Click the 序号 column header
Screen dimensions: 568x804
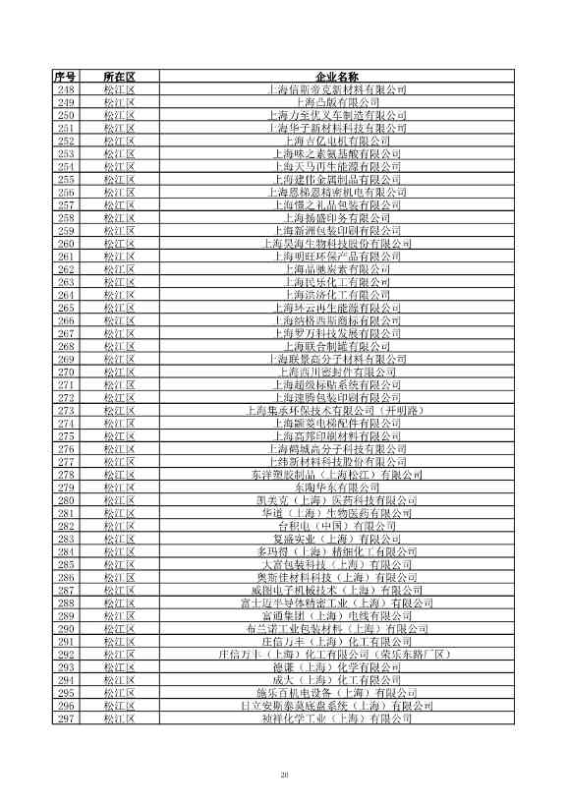(x=66, y=76)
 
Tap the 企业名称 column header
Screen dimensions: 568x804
(x=337, y=76)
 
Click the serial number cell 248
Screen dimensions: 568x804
(x=66, y=89)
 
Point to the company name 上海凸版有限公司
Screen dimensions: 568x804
(x=337, y=102)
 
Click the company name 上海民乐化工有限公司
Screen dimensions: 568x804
(x=337, y=282)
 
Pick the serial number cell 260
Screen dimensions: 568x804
(x=66, y=244)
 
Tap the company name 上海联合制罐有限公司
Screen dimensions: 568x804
(x=337, y=346)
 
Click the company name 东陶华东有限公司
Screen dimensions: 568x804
(x=337, y=488)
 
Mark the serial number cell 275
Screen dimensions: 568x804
(x=66, y=436)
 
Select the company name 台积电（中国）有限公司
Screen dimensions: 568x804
(x=337, y=526)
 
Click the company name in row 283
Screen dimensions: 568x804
(x=337, y=539)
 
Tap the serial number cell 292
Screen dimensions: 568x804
(x=66, y=655)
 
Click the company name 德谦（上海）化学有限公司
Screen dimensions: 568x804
(x=337, y=667)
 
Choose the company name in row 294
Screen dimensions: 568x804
(x=337, y=680)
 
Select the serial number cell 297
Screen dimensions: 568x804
(x=66, y=718)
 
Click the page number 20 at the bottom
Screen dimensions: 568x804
(x=284, y=776)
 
